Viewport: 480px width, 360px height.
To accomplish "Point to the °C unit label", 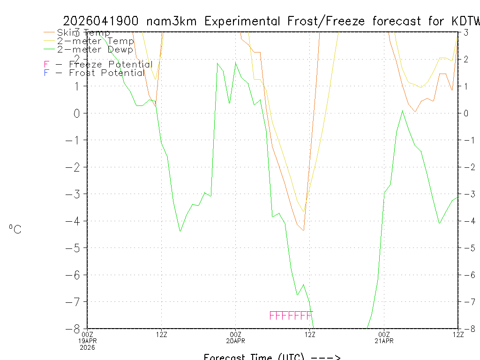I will pyautogui.click(x=15, y=229).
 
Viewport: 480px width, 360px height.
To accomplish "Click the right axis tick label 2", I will pyautogui.click(x=466, y=59).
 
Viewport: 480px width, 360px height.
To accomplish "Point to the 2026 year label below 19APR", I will pyautogui.click(x=88, y=347).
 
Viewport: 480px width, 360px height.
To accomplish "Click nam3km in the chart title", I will pyautogui.click(x=173, y=21).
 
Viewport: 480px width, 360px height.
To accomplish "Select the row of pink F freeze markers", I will pyautogui.click(x=291, y=315).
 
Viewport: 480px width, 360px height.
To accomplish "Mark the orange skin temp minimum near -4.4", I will pyautogui.click(x=303, y=230).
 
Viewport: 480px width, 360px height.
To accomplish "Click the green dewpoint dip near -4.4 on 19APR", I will pyautogui.click(x=180, y=231).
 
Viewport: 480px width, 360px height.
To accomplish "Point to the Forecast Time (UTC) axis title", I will pyautogui.click(x=272, y=356).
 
